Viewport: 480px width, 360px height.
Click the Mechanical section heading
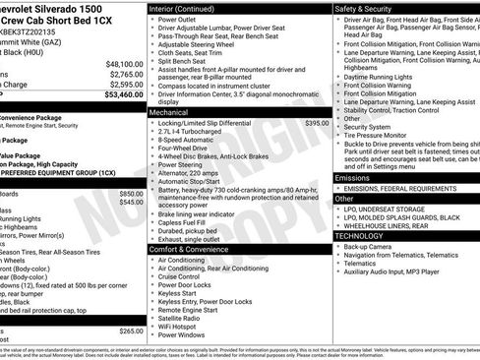(x=169, y=112)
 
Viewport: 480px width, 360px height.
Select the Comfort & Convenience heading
(x=187, y=250)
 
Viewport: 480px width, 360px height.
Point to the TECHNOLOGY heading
(x=359, y=236)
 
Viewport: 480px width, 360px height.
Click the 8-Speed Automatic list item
(x=186, y=140)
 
